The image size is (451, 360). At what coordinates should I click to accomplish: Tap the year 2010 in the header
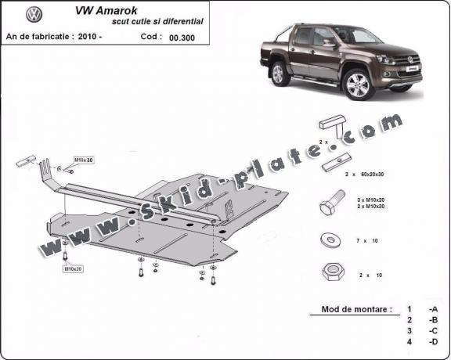tap(110, 36)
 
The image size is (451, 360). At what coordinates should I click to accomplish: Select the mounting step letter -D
tap(433, 342)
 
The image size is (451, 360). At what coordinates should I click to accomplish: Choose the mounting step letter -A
tap(433, 309)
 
